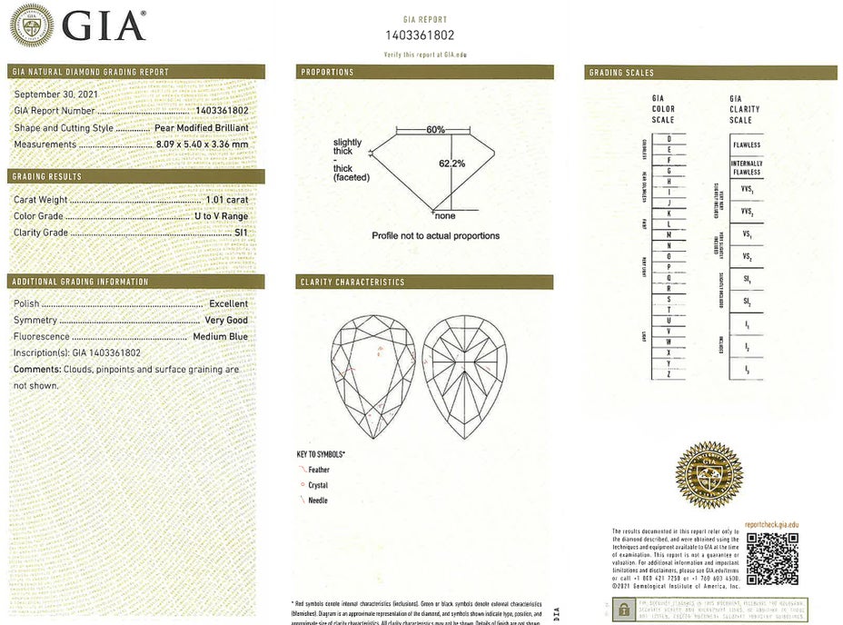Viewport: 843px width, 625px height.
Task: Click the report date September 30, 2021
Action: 56,94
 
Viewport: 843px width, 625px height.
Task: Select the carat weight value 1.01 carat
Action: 226,199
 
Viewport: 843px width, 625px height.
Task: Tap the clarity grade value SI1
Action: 239,232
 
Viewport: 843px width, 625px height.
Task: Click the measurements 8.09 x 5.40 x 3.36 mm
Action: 202,144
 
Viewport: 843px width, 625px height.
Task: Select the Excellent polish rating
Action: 228,303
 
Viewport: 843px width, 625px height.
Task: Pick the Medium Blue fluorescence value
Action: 220,336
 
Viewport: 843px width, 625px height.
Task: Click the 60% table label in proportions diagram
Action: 435,130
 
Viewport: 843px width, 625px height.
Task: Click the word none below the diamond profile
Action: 445,216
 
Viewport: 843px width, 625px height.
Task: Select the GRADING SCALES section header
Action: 621,73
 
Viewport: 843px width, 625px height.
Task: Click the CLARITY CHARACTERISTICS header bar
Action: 424,283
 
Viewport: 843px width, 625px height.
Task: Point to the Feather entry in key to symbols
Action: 319,470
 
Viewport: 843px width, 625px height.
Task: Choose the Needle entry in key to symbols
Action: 318,501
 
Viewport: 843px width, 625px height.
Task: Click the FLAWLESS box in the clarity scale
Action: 747,145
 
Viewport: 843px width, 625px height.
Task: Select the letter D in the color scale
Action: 669,139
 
